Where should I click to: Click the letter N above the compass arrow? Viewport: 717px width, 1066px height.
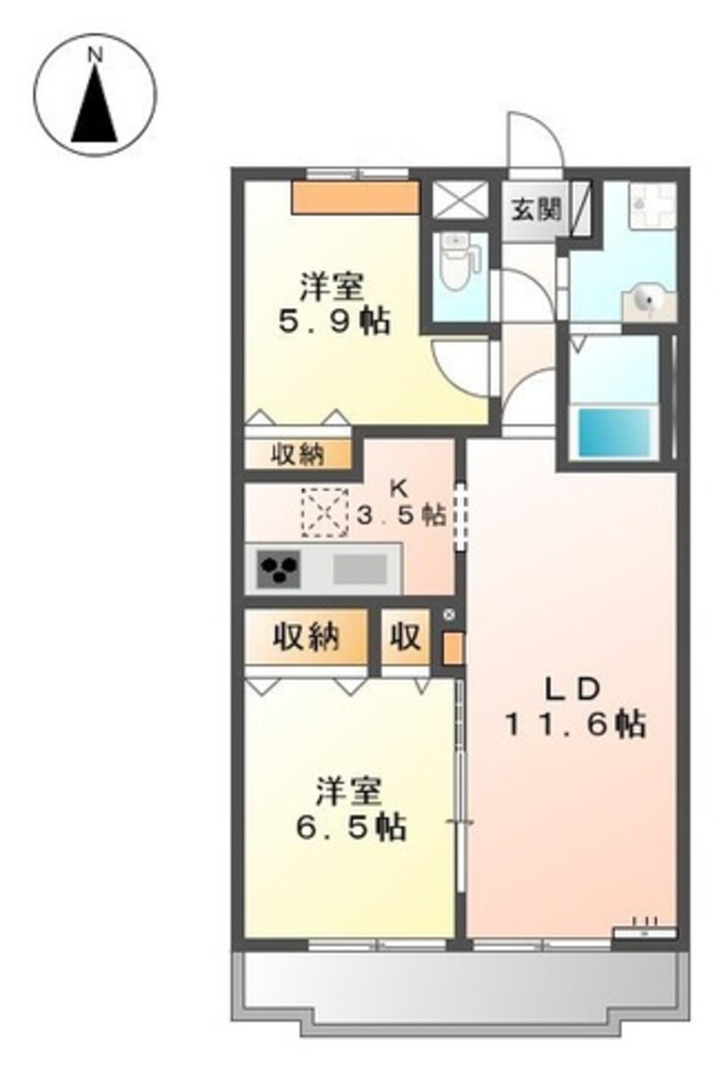click(97, 55)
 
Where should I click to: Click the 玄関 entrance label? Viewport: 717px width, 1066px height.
click(536, 209)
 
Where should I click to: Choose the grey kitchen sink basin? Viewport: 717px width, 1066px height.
click(359, 569)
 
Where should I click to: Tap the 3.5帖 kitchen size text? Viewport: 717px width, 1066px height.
click(402, 516)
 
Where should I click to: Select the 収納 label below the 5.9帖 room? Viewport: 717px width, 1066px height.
click(298, 455)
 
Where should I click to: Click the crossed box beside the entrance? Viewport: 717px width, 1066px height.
click(459, 200)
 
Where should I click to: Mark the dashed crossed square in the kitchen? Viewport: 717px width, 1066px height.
click(325, 512)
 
